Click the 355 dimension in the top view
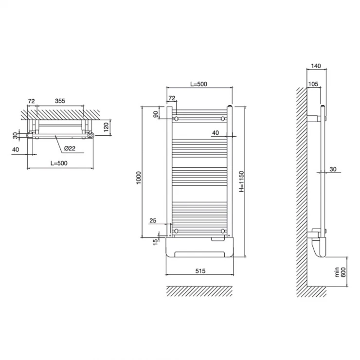(x=60, y=101)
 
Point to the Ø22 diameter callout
(x=70, y=148)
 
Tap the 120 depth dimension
(x=106, y=127)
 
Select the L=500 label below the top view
(x=59, y=163)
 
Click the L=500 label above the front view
(x=198, y=84)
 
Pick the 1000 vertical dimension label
(x=139, y=178)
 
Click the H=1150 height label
(x=241, y=181)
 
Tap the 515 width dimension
(x=200, y=271)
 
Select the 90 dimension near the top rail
(x=156, y=114)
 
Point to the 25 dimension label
(x=153, y=221)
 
